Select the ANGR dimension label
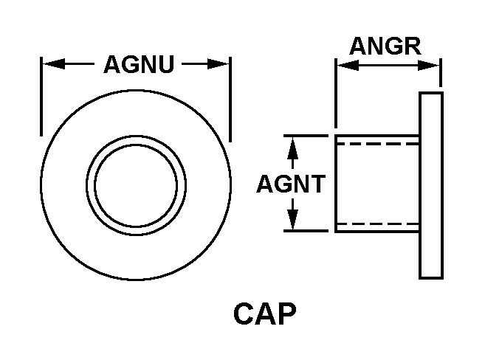coord(385,46)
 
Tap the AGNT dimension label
coord(290,184)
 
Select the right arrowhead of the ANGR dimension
coord(433,66)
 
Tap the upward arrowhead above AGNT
coord(293,145)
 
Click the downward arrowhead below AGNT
coord(293,221)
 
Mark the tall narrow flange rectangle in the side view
coord(431,185)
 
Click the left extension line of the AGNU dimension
coord(41,96)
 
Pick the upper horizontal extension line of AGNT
coord(304,136)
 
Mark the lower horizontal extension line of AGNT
coord(304,231)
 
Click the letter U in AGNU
coord(166,65)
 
